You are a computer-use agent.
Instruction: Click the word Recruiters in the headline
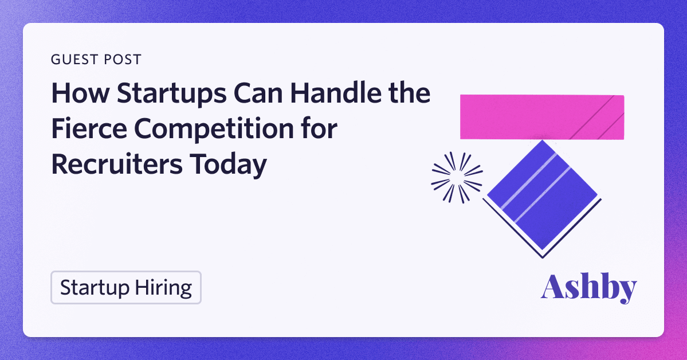pos(117,165)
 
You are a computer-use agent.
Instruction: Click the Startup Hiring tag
pos(125,288)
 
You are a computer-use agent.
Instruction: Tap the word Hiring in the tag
pos(163,288)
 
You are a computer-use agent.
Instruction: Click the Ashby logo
pos(588,288)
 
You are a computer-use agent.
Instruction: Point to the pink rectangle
pos(542,117)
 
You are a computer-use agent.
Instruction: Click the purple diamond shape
pos(543,197)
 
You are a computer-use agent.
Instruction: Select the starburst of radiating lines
pos(457,178)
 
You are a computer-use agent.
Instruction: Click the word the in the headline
pos(409,93)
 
